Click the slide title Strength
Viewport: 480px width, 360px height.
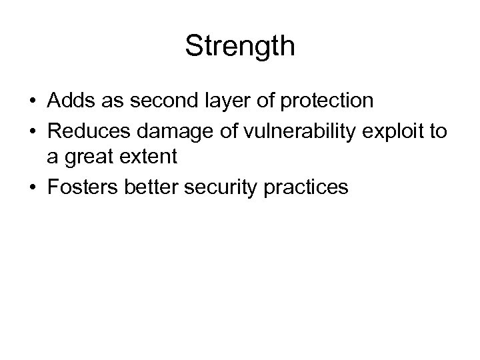239,46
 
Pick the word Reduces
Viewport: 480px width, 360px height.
83,130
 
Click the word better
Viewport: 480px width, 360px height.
148,188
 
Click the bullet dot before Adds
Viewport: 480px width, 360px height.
32,101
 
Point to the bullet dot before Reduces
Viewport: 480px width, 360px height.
32,131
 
